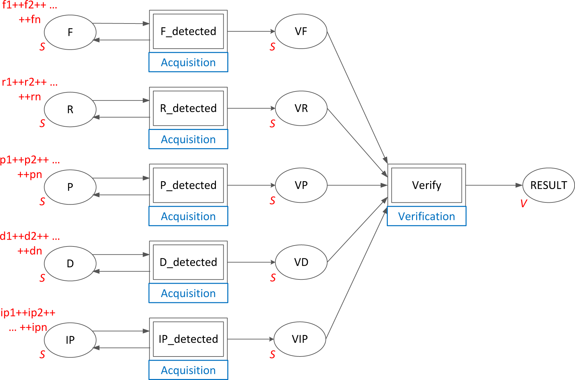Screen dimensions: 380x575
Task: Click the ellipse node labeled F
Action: [x=70, y=32]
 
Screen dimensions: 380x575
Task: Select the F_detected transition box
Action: [x=188, y=31]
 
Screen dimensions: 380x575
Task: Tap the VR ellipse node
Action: [x=301, y=108]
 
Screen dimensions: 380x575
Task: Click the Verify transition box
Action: [x=426, y=185]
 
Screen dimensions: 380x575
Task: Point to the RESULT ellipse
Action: [x=548, y=185]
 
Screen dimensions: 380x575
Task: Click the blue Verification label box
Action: [x=426, y=216]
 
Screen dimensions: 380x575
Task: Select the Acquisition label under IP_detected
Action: [x=188, y=370]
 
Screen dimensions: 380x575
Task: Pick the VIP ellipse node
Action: [x=300, y=339]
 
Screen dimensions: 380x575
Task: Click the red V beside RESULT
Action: [x=523, y=204]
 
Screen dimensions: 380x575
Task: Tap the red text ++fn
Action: [x=30, y=20]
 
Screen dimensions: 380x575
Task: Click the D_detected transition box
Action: [x=188, y=262]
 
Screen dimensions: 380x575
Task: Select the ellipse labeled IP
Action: [x=70, y=340]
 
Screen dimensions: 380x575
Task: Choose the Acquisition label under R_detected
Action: [x=188, y=139]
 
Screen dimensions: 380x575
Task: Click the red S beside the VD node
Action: [x=273, y=278]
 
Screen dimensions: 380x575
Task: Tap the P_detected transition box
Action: [x=188, y=185]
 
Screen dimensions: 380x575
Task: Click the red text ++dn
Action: [x=30, y=251]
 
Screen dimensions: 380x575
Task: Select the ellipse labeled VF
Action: [x=301, y=31]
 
